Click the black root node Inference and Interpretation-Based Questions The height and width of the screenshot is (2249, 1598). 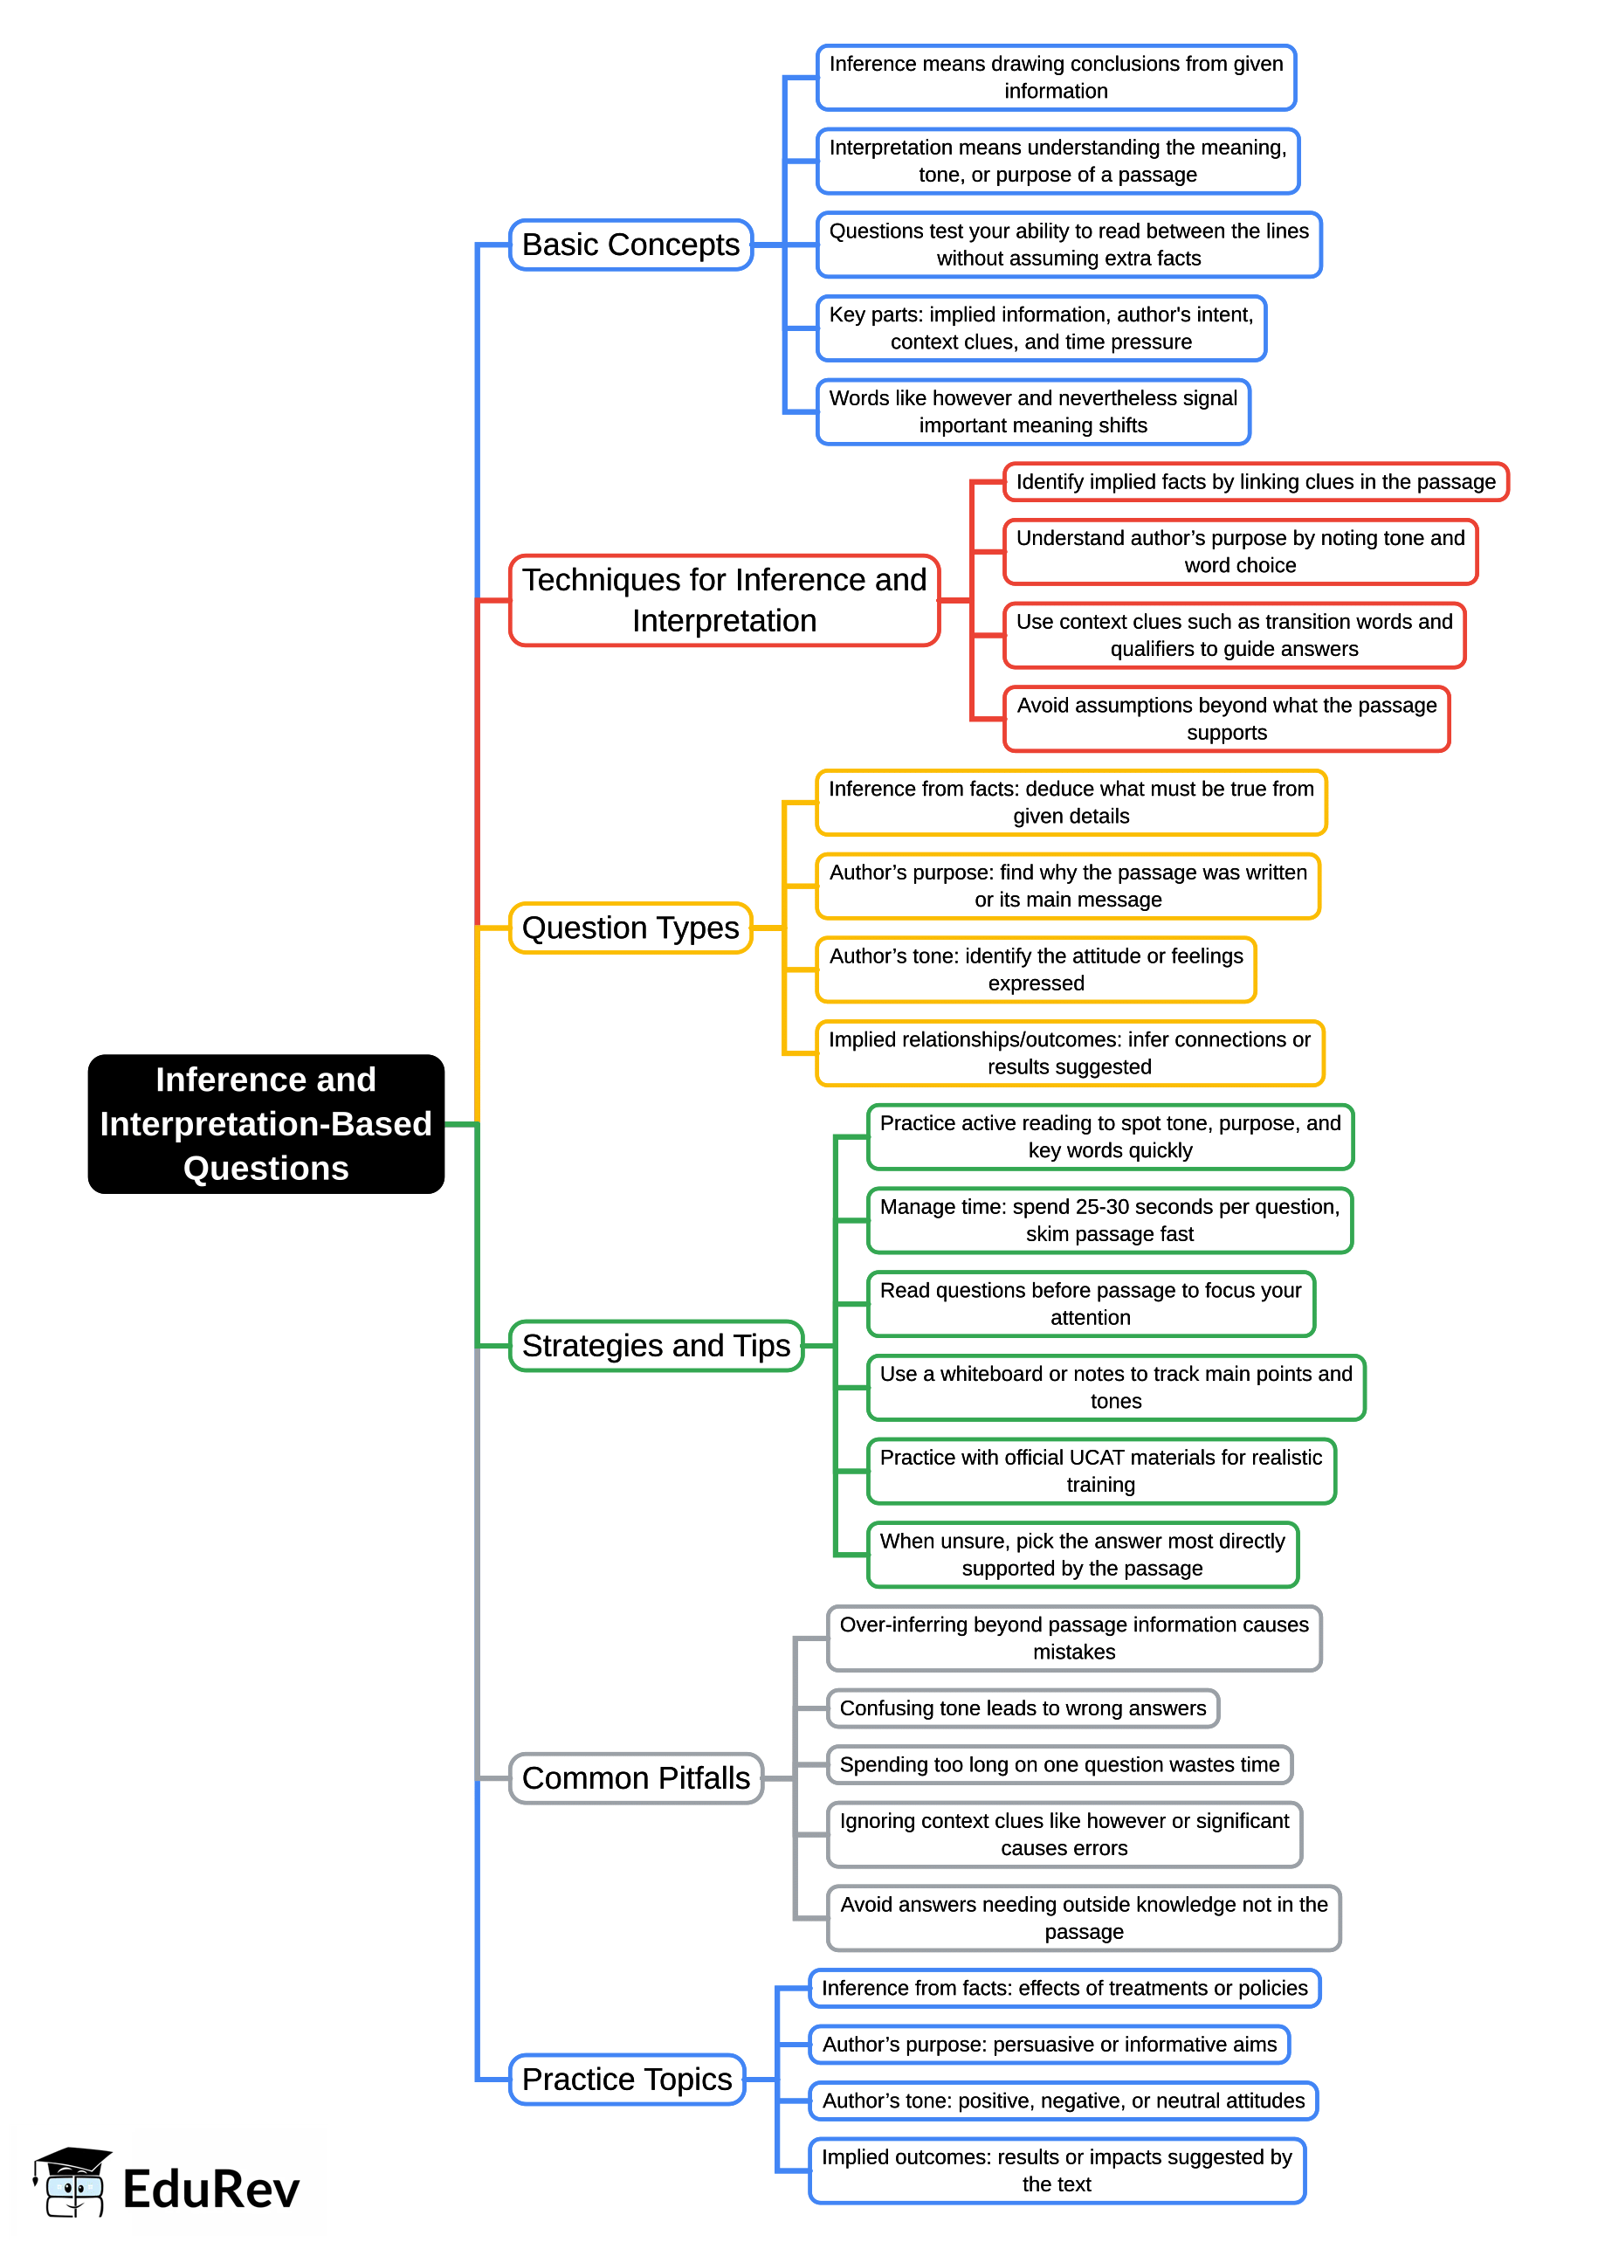[265, 1123]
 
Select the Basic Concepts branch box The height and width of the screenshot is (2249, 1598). [630, 244]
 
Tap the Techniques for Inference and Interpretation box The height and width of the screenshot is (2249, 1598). [723, 599]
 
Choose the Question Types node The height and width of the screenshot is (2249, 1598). [630, 928]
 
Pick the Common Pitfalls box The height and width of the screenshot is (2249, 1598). [636, 1777]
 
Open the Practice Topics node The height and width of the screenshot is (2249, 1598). [627, 2079]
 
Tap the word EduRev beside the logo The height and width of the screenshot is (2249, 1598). [210, 2189]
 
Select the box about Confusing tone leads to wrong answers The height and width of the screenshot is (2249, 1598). [1023, 1707]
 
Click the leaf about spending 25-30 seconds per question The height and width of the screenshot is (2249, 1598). [1109, 1219]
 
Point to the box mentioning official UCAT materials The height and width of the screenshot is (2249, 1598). [1100, 1471]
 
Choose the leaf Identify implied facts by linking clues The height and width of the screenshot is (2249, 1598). [1255, 481]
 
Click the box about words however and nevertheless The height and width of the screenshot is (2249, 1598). [1032, 411]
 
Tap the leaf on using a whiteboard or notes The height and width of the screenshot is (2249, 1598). [1115, 1387]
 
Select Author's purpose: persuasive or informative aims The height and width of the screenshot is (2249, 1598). [1049, 2045]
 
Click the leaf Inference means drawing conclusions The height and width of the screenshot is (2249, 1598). [1055, 77]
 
